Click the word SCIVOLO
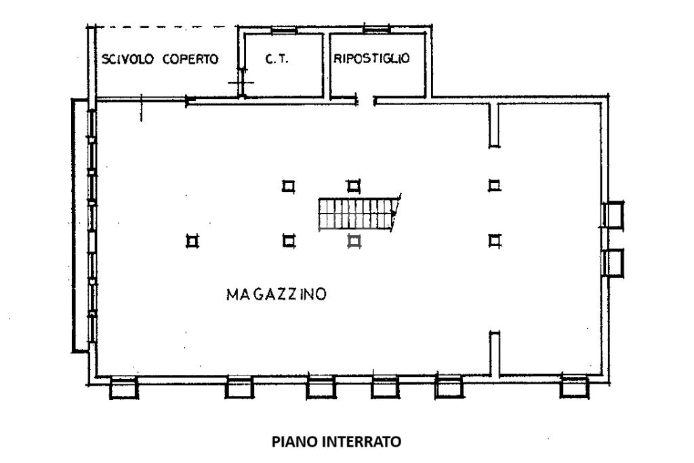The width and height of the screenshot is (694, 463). (x=127, y=59)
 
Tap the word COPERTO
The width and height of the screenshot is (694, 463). (x=190, y=59)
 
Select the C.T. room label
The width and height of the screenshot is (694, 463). (x=277, y=58)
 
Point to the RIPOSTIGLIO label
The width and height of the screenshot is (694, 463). (x=371, y=58)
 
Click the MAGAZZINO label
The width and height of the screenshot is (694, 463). (x=277, y=294)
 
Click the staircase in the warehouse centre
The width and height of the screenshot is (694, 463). (x=357, y=214)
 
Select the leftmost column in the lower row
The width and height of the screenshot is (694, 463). (x=192, y=241)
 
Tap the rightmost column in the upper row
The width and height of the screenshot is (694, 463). (x=495, y=185)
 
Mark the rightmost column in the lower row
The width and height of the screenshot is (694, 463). (x=495, y=241)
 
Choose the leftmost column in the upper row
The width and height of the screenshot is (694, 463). (x=289, y=186)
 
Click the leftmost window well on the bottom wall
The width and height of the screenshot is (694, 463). (x=123, y=388)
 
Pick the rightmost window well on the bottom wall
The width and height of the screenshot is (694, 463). (x=574, y=387)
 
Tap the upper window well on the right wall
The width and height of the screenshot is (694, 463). (x=613, y=215)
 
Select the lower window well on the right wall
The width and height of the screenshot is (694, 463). (x=613, y=263)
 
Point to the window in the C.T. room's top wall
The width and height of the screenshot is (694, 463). (x=284, y=30)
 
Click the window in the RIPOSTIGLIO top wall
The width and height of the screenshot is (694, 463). (x=376, y=29)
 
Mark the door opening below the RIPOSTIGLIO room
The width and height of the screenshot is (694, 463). (x=365, y=102)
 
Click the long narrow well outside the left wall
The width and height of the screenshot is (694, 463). (x=80, y=226)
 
